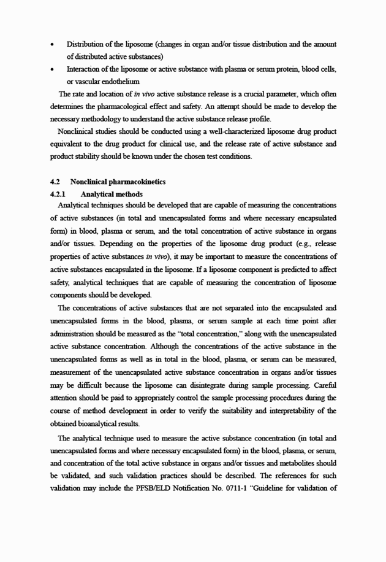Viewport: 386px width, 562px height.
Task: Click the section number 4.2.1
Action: [x=58, y=194]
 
